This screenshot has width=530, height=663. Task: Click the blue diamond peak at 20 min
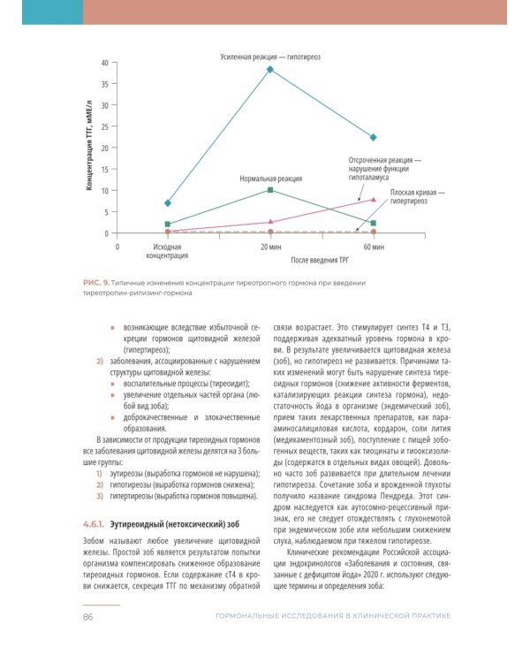(270, 69)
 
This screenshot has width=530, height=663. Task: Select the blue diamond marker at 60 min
(374, 138)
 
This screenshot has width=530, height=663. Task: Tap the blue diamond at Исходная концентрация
(168, 203)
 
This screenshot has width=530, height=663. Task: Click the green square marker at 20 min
(270, 190)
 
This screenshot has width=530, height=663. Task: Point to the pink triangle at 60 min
(374, 200)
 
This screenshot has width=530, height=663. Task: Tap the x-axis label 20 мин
(270, 247)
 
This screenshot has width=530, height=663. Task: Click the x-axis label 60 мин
(374, 247)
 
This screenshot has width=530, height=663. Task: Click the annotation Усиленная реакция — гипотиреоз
(269, 56)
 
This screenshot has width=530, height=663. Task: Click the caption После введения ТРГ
(322, 261)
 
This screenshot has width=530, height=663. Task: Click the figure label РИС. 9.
(95, 282)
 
